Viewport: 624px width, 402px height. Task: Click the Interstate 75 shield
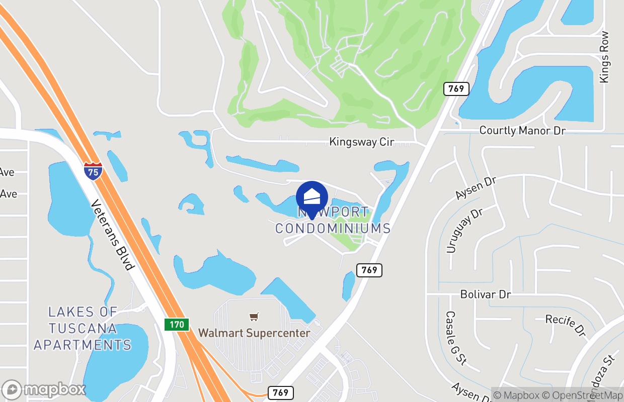(93, 171)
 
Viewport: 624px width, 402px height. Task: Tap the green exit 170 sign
(177, 324)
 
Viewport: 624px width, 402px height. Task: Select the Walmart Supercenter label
(254, 333)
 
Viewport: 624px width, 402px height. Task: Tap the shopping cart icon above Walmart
(254, 317)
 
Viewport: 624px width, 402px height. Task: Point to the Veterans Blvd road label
(113, 235)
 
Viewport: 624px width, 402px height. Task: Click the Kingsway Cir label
(361, 142)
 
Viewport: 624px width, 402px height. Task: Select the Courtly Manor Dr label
(522, 131)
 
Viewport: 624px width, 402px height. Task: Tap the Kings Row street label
(604, 57)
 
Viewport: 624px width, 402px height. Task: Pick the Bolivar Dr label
(486, 294)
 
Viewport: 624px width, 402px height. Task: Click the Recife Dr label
(566, 326)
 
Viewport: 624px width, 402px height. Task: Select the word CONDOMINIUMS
(333, 228)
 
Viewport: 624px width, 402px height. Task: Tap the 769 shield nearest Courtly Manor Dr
(456, 89)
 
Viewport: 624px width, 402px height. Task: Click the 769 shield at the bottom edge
(280, 392)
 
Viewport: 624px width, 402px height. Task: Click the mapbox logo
(44, 389)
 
